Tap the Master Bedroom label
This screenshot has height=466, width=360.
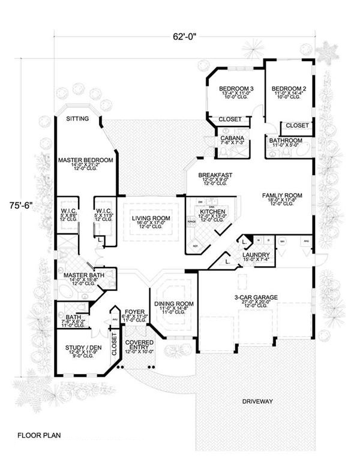(85, 160)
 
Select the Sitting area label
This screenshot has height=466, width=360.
(77, 119)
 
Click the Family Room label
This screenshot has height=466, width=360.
(281, 196)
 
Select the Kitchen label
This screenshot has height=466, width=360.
(212, 212)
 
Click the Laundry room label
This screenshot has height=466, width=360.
(255, 255)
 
